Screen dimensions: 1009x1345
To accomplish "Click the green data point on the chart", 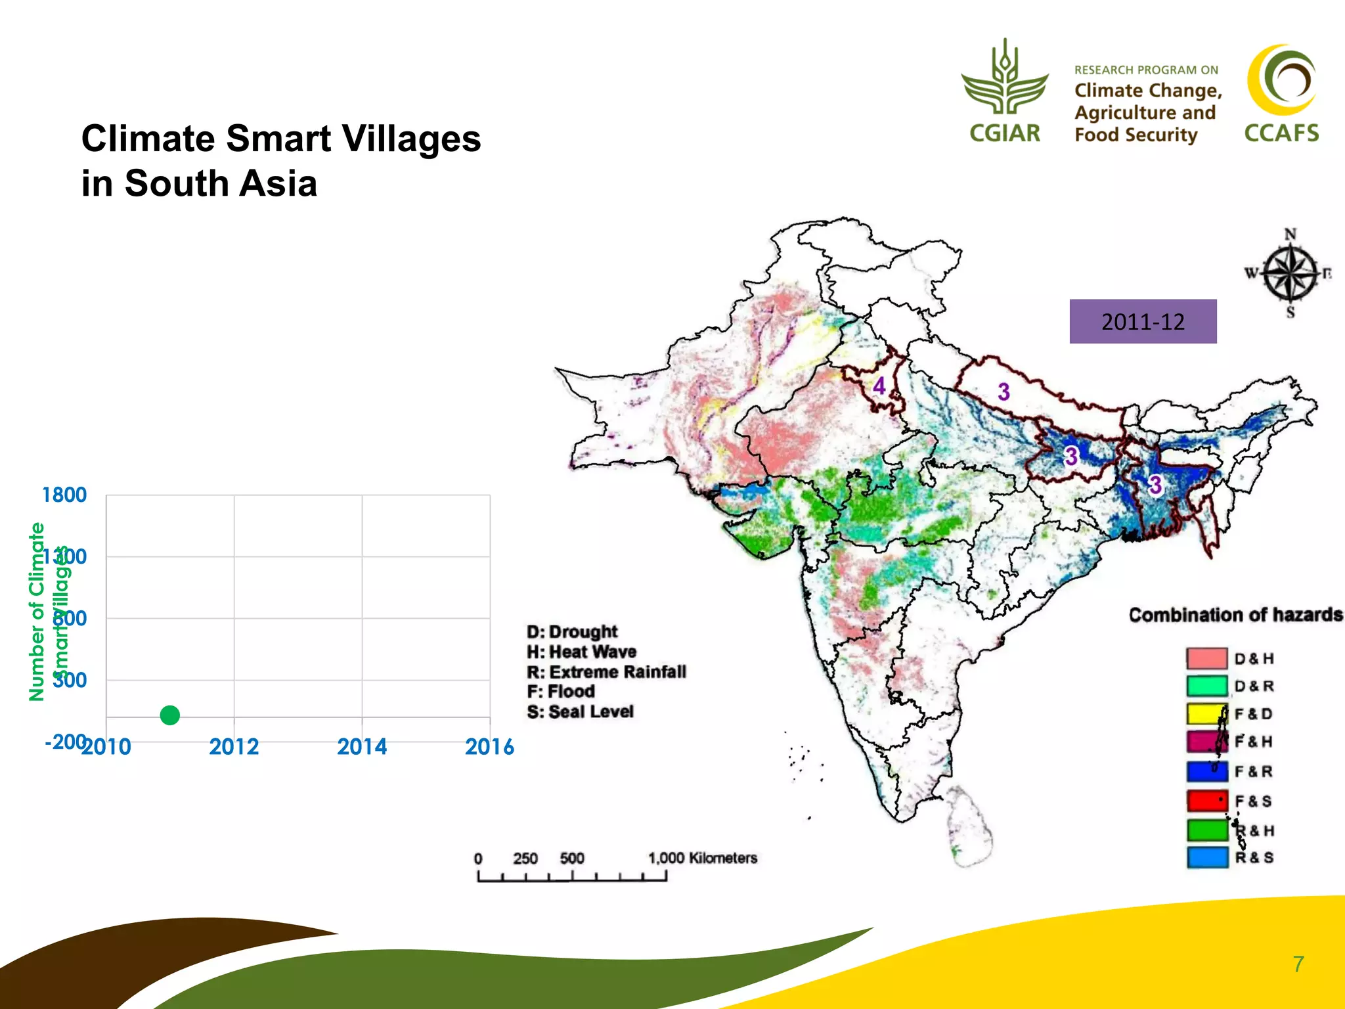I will [x=169, y=715].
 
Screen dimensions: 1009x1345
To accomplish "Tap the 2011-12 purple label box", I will [x=1142, y=321].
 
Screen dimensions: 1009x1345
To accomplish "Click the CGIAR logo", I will [x=1005, y=92].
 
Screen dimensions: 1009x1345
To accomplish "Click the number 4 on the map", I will [x=879, y=386].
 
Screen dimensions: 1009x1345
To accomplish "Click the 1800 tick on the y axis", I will [x=64, y=495].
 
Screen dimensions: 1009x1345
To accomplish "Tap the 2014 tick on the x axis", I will [x=361, y=747].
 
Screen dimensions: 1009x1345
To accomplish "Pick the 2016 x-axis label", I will [x=489, y=747].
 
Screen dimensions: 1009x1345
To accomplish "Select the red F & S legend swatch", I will [x=1206, y=801].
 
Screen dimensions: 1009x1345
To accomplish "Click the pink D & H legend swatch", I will [x=1206, y=658].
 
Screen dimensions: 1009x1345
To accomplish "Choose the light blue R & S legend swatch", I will [x=1206, y=857].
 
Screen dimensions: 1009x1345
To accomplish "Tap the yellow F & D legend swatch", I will [x=1206, y=713].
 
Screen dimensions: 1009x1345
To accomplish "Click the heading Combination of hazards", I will [x=1235, y=615].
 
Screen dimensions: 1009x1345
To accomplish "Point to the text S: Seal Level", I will [x=580, y=711].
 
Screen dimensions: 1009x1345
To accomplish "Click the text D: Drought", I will [x=571, y=631].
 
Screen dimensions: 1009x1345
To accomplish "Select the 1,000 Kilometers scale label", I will [x=702, y=858].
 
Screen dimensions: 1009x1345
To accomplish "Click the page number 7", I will [x=1298, y=964].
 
